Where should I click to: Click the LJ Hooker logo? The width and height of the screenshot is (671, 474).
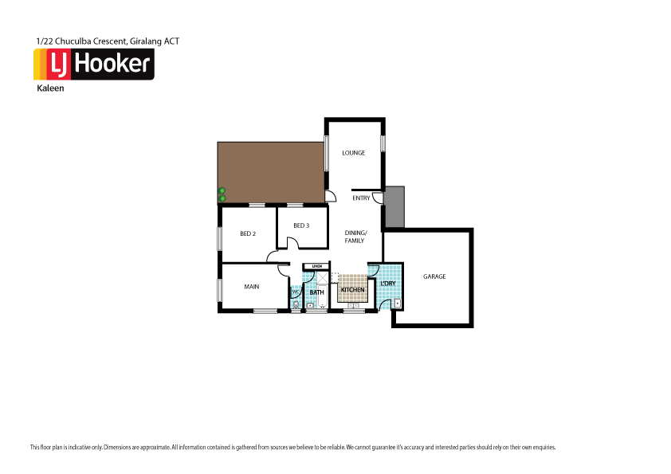(x=93, y=65)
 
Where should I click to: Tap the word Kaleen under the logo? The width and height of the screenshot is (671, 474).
(x=50, y=88)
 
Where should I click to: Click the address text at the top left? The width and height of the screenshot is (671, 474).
(x=113, y=40)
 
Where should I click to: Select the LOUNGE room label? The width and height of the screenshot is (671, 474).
(x=353, y=152)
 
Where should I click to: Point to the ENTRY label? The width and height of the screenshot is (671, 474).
(x=361, y=198)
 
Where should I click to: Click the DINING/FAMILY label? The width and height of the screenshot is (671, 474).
(x=355, y=236)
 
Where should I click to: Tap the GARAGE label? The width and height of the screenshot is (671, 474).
(x=434, y=276)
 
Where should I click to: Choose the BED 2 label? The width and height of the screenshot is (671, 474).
(x=248, y=233)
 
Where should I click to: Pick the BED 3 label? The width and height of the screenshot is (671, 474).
(x=300, y=225)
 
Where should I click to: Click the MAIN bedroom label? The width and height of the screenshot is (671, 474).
(x=251, y=288)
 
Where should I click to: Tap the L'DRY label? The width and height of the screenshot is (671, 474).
(x=388, y=284)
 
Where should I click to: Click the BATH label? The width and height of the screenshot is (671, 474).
(x=316, y=292)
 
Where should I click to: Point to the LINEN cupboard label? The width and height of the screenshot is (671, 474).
(x=316, y=266)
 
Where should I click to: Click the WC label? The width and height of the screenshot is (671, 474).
(x=294, y=292)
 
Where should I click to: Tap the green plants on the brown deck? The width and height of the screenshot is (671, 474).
(x=222, y=194)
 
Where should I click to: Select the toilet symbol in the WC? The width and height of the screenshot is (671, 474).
(x=296, y=304)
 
